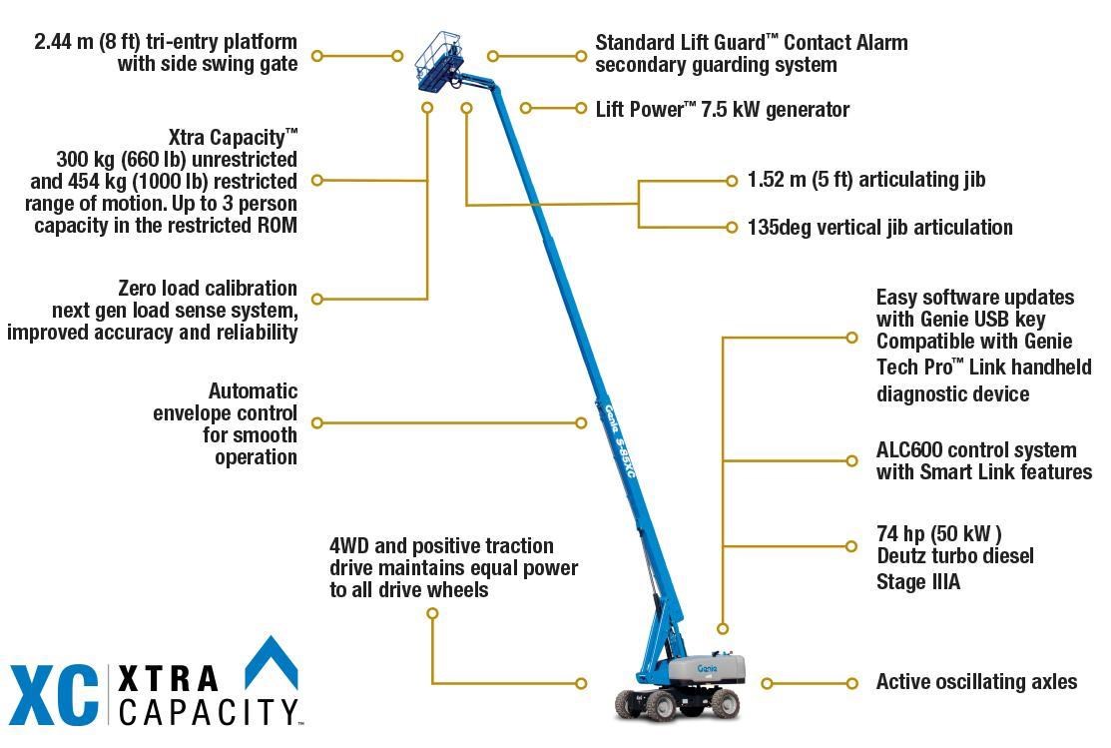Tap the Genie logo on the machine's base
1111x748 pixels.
click(x=708, y=667)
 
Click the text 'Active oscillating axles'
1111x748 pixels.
click(x=976, y=682)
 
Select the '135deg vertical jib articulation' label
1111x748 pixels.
click(x=879, y=228)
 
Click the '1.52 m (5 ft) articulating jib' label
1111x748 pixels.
click(x=866, y=180)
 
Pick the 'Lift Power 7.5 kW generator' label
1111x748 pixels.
click(x=722, y=110)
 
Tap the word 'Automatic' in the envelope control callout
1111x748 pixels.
click(x=253, y=391)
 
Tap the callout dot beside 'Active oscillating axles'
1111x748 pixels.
click(x=851, y=683)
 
